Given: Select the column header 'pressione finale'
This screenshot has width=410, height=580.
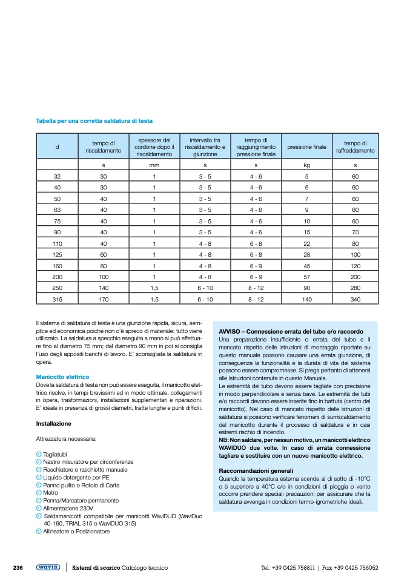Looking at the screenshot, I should pyautogui.click(x=306, y=147).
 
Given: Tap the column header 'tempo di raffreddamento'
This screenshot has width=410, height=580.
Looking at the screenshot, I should pyautogui.click(x=355, y=147).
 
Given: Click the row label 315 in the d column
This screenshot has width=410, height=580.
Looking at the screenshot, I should pyautogui.click(x=58, y=299).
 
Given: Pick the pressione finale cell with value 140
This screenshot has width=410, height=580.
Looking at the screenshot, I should pyautogui.click(x=306, y=299).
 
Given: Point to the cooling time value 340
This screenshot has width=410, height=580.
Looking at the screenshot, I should pyautogui.click(x=355, y=299).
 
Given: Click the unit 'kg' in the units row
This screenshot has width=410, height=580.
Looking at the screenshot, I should pyautogui.click(x=306, y=165).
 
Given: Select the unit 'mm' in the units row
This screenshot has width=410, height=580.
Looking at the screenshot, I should pyautogui.click(x=154, y=165).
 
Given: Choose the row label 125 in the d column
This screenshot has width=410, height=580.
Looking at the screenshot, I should pyautogui.click(x=58, y=254).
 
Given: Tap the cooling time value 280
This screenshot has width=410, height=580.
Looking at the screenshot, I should pyautogui.click(x=355, y=288).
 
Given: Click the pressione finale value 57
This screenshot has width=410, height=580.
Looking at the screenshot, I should pyautogui.click(x=306, y=277).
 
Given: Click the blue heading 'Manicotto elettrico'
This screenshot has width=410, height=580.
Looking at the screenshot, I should pyautogui.click(x=62, y=377).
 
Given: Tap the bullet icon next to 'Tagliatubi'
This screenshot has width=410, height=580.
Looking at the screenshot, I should pyautogui.click(x=39, y=454).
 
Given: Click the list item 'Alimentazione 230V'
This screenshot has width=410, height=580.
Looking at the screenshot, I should pyautogui.click(x=69, y=509).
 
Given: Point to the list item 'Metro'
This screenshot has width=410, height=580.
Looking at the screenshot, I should pyautogui.click(x=51, y=493).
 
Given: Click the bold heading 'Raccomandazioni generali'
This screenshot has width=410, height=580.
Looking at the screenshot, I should pyautogui.click(x=255, y=470).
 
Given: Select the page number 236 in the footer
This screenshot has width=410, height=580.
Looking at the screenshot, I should pyautogui.click(x=18, y=567).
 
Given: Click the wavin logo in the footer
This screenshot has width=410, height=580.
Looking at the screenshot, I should pyautogui.click(x=48, y=567).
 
